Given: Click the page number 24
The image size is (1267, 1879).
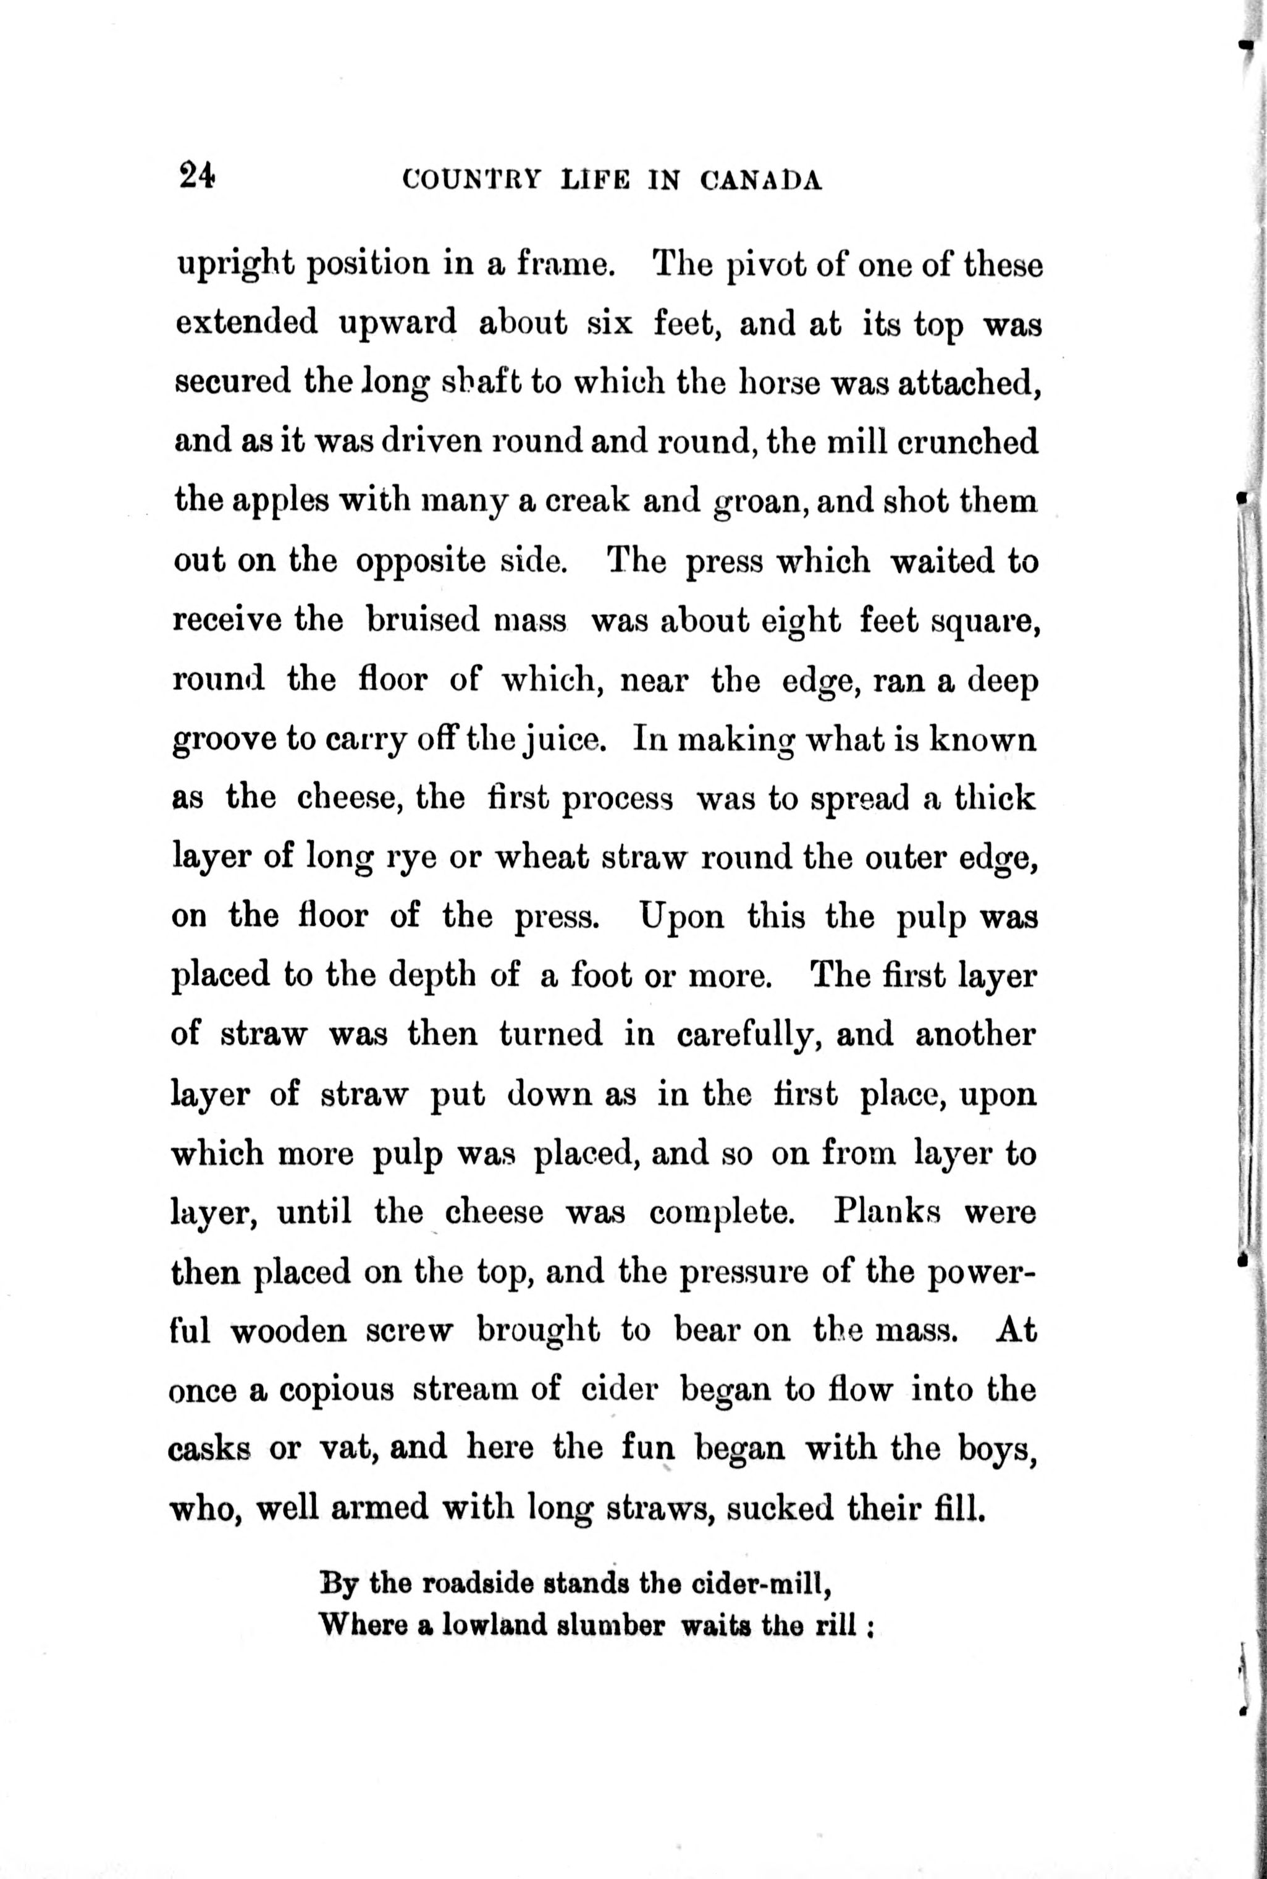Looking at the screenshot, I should click(x=197, y=176).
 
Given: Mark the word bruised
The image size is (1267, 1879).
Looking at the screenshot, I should click(x=419, y=622).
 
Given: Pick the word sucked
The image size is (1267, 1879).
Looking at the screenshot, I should click(x=780, y=1509).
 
